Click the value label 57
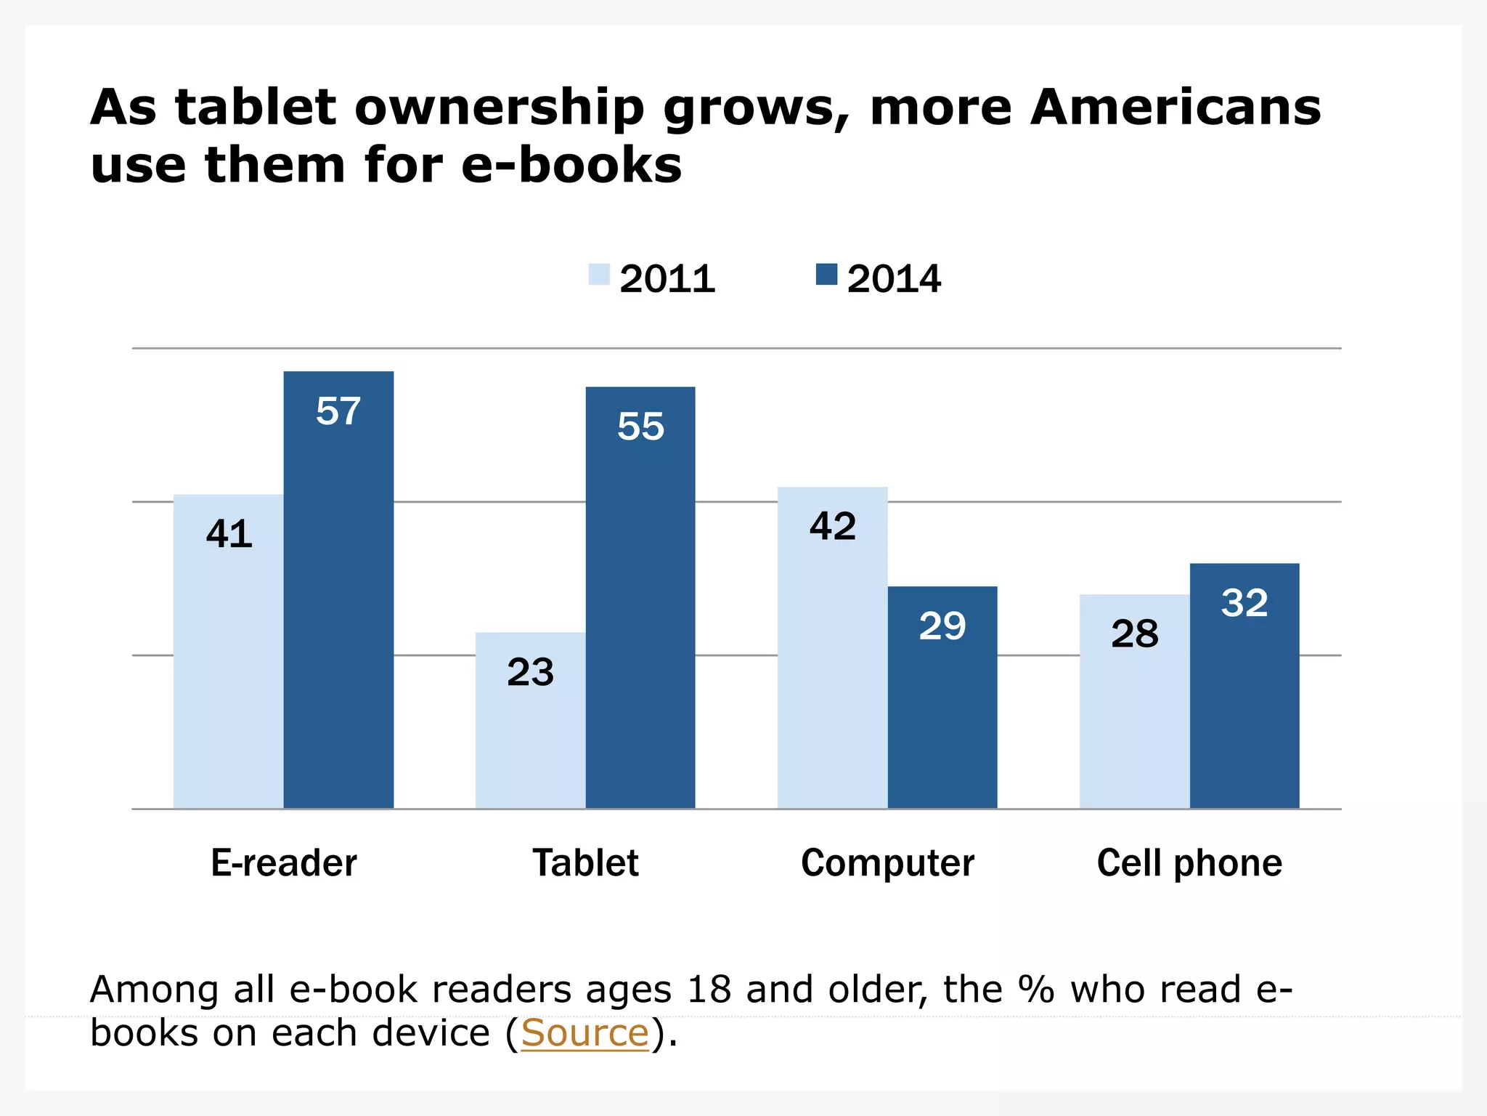pyautogui.click(x=338, y=411)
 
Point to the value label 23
pyautogui.click(x=530, y=672)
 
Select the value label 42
pyautogui.click(x=833, y=526)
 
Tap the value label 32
pyautogui.click(x=1244, y=603)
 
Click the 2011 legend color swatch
pyautogui.click(x=599, y=275)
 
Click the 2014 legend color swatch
pyautogui.click(x=826, y=275)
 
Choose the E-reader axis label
pyautogui.click(x=284, y=863)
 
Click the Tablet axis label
pyautogui.click(x=585, y=863)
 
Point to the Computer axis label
pyautogui.click(x=887, y=863)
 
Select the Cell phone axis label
pyautogui.click(x=1189, y=863)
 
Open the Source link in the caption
pyautogui.click(x=584, y=1032)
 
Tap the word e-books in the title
pyautogui.click(x=571, y=165)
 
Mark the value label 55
pyautogui.click(x=640, y=426)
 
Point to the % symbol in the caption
pyautogui.click(x=1035, y=990)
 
